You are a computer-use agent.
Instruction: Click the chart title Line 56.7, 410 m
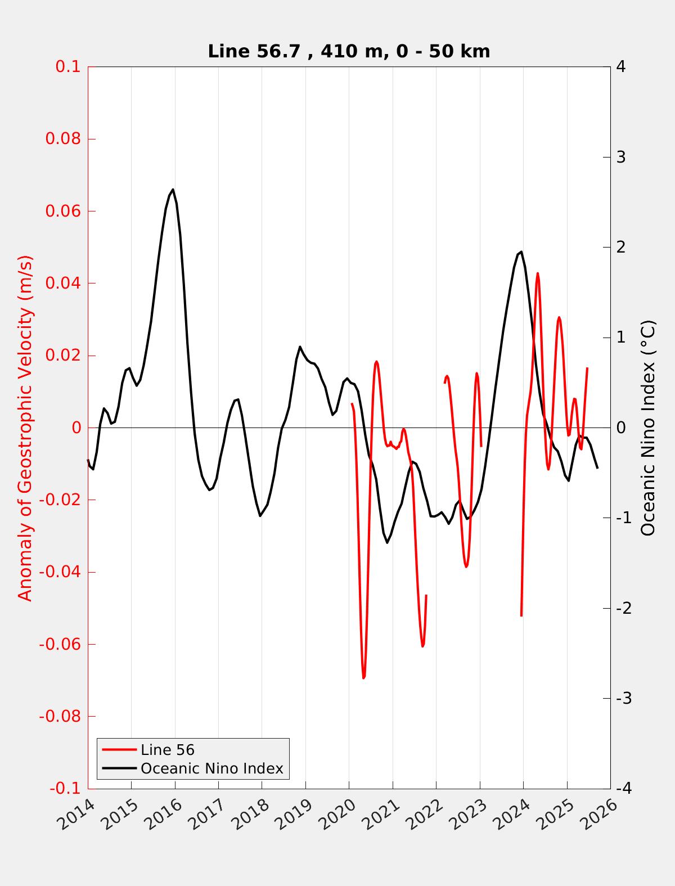click(349, 51)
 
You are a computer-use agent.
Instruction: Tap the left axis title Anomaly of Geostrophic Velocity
click(25, 428)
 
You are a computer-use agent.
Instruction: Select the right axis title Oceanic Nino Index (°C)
click(648, 428)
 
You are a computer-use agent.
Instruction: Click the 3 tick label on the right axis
click(621, 157)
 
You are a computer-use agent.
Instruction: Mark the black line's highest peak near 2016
click(173, 190)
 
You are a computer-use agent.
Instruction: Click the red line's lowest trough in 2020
click(363, 678)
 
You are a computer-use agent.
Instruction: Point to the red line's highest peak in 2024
click(538, 273)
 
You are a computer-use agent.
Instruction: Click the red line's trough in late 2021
click(422, 646)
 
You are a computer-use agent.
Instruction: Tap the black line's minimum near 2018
click(260, 516)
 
